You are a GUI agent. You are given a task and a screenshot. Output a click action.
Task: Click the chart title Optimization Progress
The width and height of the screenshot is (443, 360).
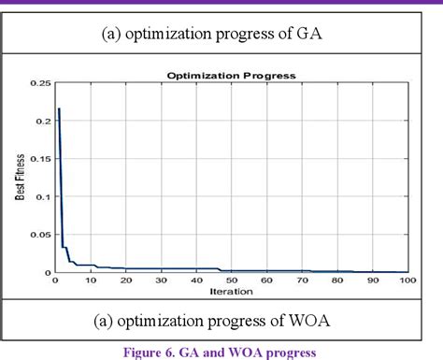coord(231,75)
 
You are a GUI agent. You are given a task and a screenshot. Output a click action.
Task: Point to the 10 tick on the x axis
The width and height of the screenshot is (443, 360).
coord(91,281)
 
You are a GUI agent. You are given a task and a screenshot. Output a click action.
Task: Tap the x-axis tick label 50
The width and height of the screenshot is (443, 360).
coord(231,281)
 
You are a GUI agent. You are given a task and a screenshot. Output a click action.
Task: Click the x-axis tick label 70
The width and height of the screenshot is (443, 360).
coord(302,281)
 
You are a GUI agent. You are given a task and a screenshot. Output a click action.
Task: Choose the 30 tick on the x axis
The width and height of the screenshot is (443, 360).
coord(161,281)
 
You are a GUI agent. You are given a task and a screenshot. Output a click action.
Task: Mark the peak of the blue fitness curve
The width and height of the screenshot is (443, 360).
coord(59,109)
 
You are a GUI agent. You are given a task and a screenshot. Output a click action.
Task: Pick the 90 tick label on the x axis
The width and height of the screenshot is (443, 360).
coord(372,281)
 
